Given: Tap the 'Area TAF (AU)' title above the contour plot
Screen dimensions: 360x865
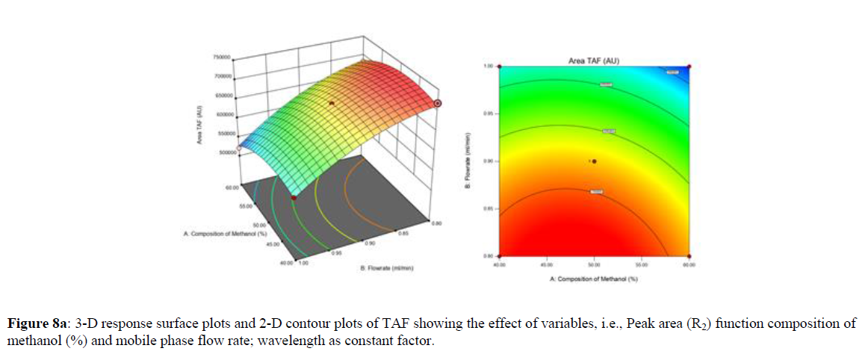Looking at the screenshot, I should [x=593, y=60].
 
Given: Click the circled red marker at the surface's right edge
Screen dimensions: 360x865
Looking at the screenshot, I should [x=438, y=104].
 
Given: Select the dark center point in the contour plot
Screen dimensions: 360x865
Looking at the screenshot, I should [x=595, y=161].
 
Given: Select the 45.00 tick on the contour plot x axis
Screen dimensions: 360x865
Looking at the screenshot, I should [x=547, y=264].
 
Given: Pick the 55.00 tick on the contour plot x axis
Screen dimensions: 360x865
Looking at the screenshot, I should [x=641, y=264].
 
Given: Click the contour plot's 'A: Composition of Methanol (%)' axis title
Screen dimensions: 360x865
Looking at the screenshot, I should [x=593, y=279].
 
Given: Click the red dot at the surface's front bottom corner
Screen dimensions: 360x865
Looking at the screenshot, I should [x=294, y=196].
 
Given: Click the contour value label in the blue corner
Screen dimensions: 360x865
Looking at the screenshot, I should [x=672, y=72].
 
